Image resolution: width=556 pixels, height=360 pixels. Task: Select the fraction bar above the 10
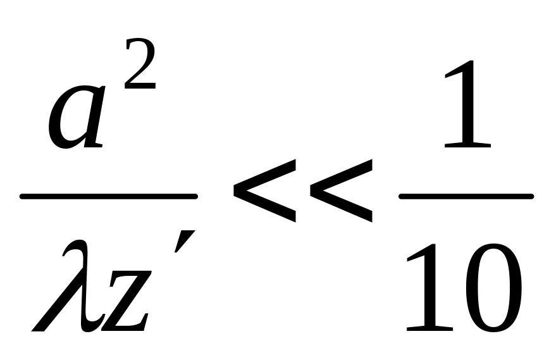466,197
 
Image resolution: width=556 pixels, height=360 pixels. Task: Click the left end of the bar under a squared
23,197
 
